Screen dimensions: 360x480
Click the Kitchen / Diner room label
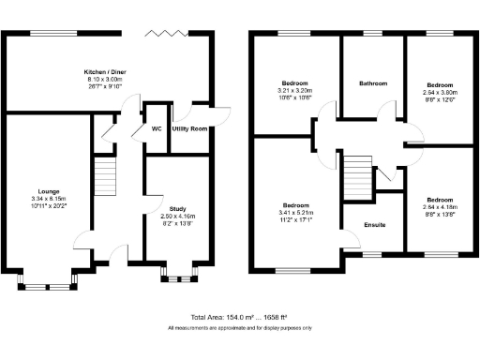pos(104,71)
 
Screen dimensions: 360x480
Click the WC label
pos(156,128)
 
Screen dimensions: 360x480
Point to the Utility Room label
pos(192,128)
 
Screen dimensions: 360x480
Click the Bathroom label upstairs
pos(372,83)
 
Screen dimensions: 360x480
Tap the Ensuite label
pos(373,225)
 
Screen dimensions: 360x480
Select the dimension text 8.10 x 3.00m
pos(104,80)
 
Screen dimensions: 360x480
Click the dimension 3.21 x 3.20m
pos(294,89)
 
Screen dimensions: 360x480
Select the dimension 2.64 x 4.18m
pos(439,207)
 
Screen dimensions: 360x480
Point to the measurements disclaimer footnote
pos(239,328)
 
